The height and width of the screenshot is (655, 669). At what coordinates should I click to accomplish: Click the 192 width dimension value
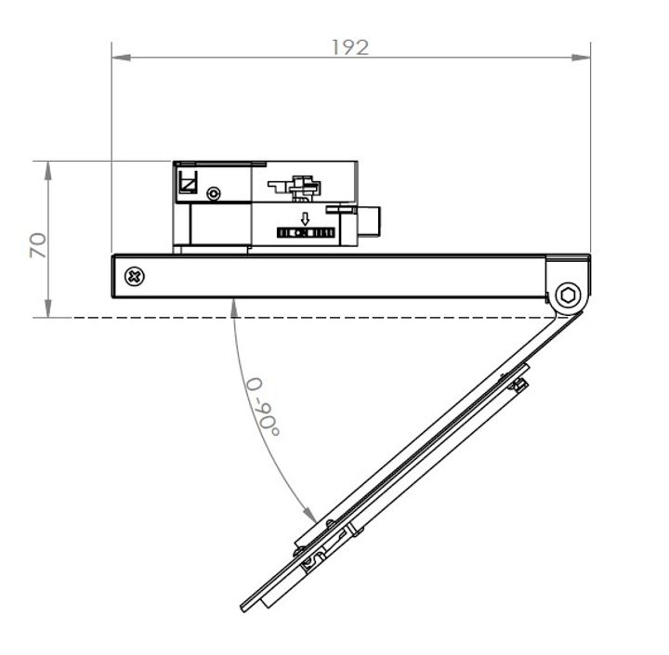[x=350, y=46]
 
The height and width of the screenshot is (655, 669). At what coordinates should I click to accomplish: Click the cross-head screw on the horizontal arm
[x=137, y=276]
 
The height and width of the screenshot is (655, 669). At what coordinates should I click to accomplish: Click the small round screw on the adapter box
[x=215, y=193]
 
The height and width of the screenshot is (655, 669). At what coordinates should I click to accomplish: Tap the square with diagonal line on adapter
[x=188, y=182]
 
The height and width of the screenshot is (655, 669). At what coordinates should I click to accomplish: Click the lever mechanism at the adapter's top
[x=303, y=186]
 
